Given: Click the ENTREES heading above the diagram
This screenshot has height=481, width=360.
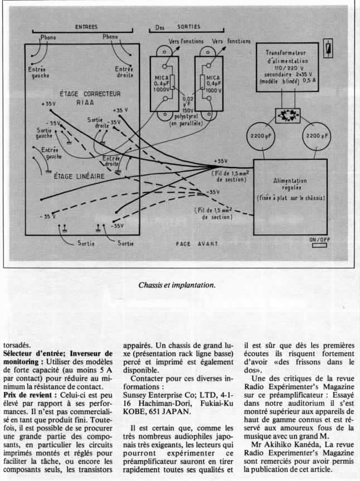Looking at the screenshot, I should pyautogui.click(x=86, y=27).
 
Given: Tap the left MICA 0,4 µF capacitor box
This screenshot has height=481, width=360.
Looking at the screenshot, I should pyautogui.click(x=166, y=82).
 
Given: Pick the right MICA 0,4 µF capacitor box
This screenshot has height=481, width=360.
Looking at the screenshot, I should pyautogui.click(x=205, y=82).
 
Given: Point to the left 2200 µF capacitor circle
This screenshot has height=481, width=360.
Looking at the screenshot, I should pyautogui.click(x=261, y=136).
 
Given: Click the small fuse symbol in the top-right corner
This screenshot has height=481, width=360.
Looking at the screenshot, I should pyautogui.click(x=329, y=47).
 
